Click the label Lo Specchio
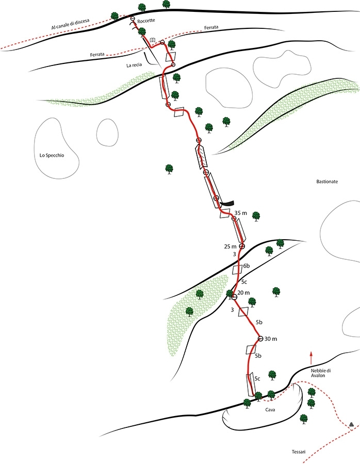(52, 155)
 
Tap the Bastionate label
(327, 181)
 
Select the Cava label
(270, 410)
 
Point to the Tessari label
(299, 452)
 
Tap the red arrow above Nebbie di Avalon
(311, 358)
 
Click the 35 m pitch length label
(241, 213)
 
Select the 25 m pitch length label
(231, 246)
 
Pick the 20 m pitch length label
(243, 293)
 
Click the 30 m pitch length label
(271, 339)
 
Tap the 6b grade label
(247, 266)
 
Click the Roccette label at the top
(146, 21)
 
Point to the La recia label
(134, 65)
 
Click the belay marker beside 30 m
(260, 339)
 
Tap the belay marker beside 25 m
(242, 246)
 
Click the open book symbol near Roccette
(153, 40)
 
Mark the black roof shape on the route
(227, 203)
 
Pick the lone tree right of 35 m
(256, 217)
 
